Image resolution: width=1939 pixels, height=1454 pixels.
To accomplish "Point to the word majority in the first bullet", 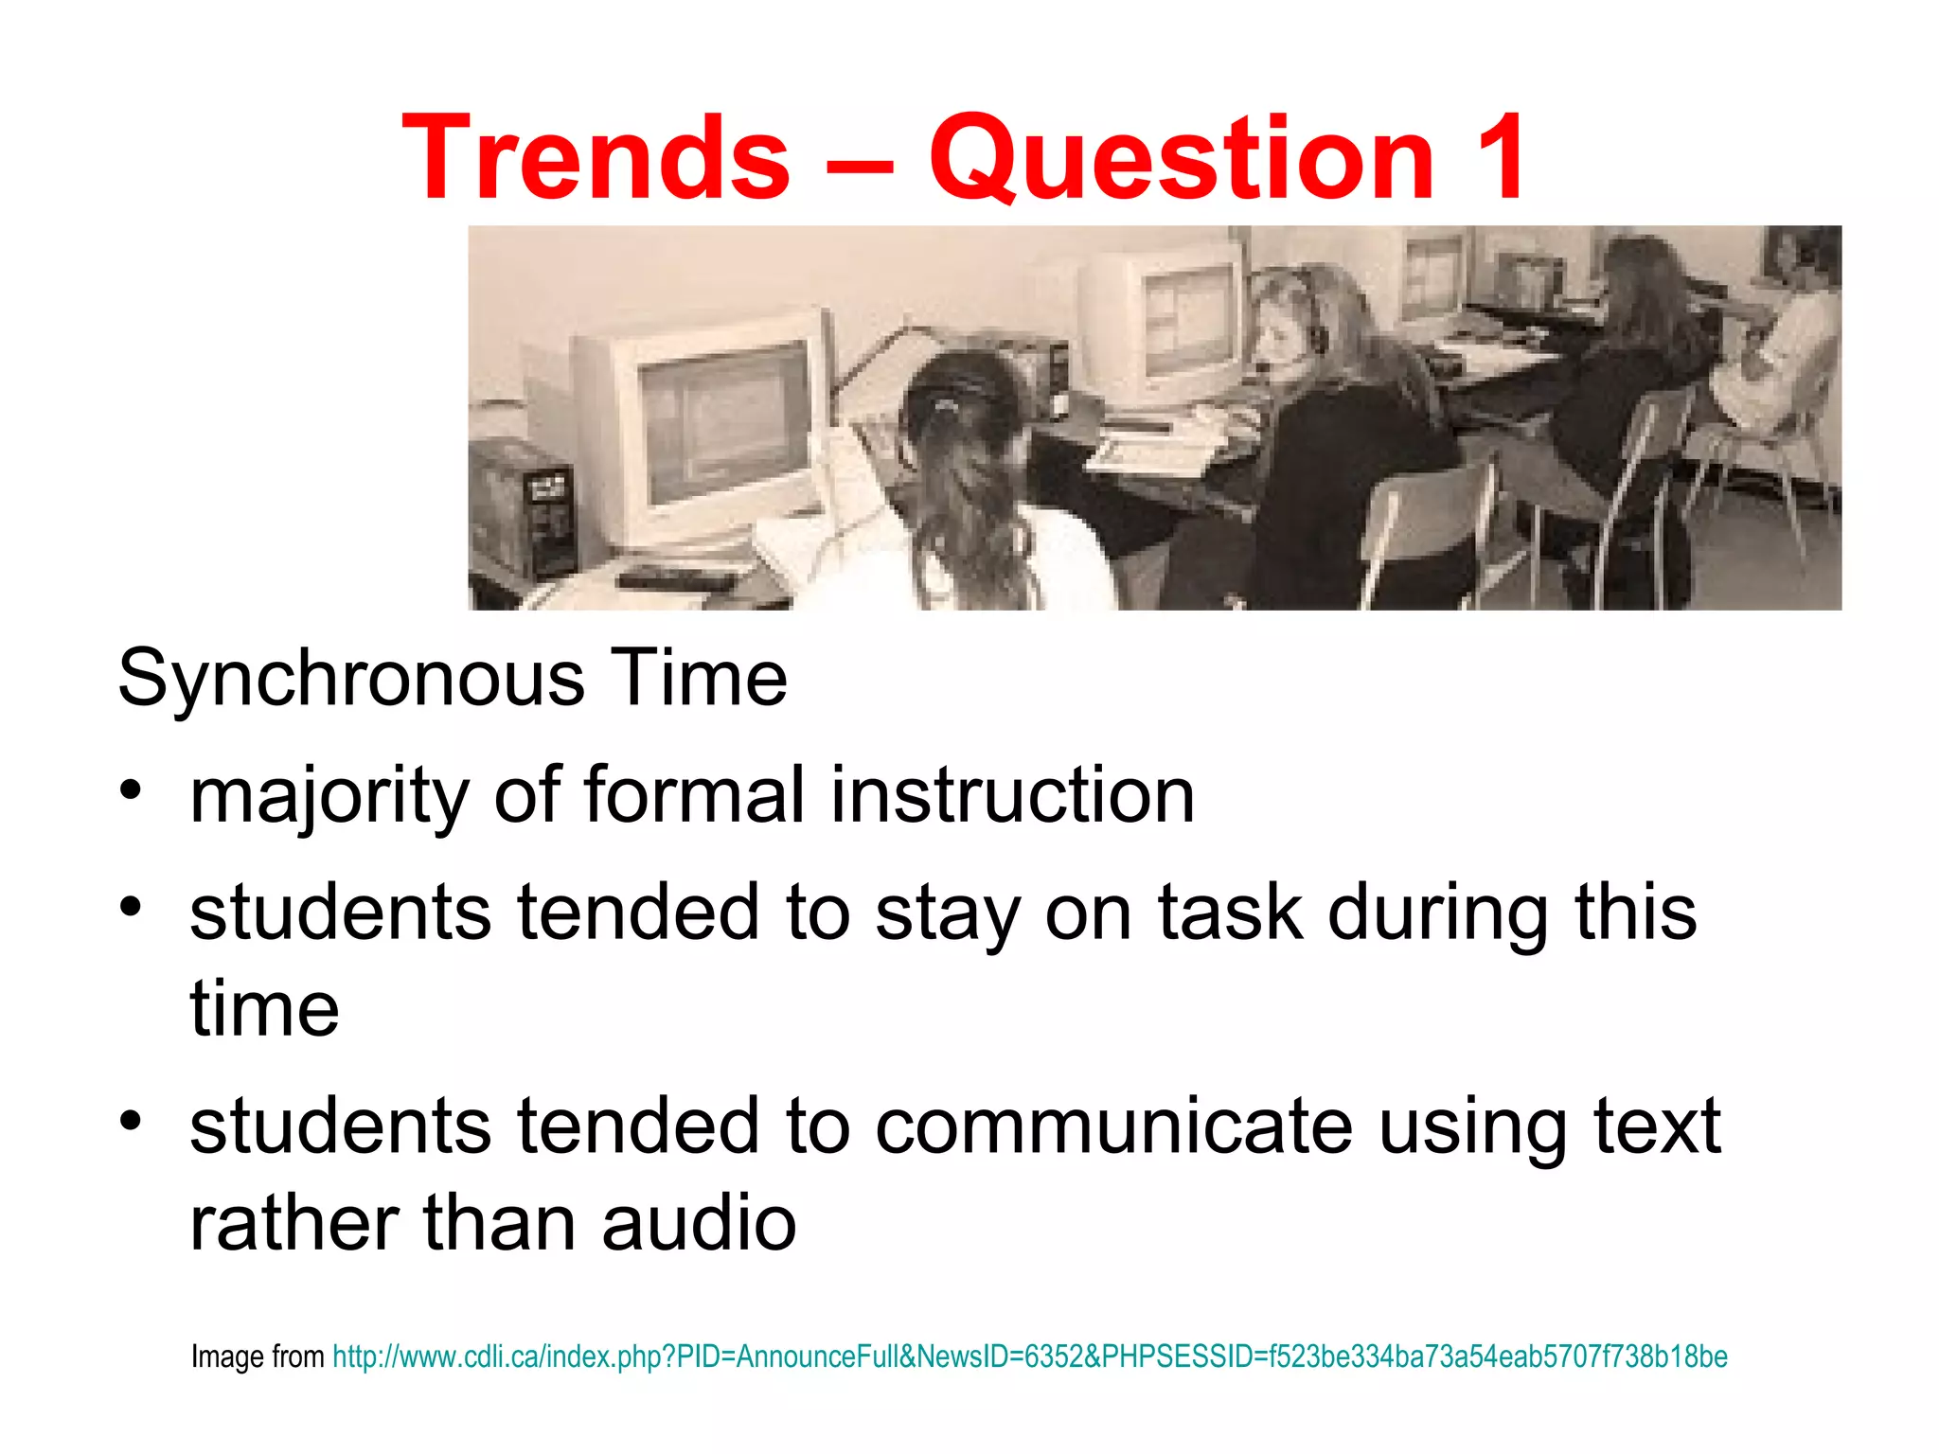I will tap(329, 796).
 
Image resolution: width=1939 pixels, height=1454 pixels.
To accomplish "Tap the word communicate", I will tap(1113, 1126).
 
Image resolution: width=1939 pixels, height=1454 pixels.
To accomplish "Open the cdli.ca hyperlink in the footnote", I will tap(1029, 1356).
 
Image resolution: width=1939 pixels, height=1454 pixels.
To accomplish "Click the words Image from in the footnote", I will tap(258, 1356).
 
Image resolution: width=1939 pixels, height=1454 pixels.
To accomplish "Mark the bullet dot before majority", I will tap(131, 789).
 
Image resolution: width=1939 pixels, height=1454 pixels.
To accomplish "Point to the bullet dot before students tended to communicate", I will tap(131, 1121).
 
